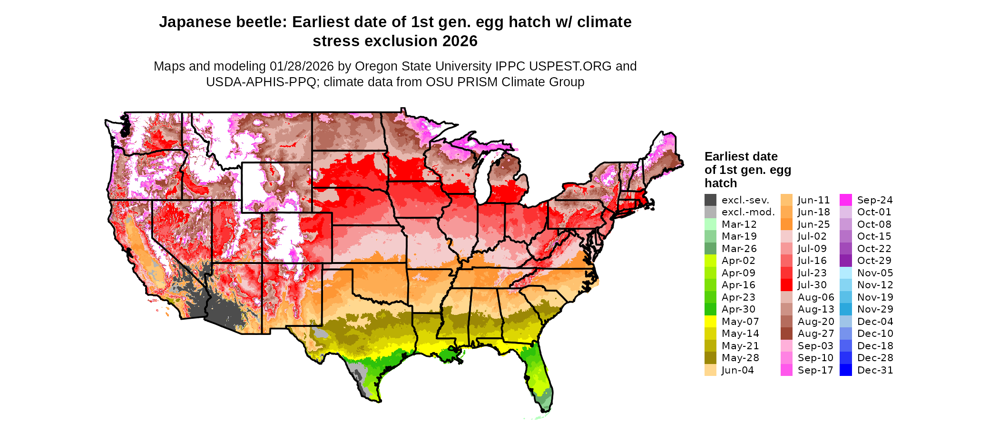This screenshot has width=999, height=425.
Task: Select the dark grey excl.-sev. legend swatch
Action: pyautogui.click(x=710, y=200)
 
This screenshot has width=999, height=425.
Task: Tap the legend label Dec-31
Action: pyautogui.click(x=875, y=370)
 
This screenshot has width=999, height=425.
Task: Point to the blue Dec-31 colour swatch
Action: pyautogui.click(x=846, y=370)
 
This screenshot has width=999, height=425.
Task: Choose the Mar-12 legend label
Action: pyautogui.click(x=739, y=224)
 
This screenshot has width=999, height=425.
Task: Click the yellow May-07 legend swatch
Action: pyautogui.click(x=710, y=322)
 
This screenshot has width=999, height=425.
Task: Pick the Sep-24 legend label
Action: pyautogui.click(x=875, y=200)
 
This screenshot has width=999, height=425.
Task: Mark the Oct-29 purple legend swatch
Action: pyautogui.click(x=846, y=261)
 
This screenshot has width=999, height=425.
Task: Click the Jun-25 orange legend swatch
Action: pyautogui.click(x=786, y=224)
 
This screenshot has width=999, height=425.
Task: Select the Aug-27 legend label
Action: pyautogui.click(x=816, y=334)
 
